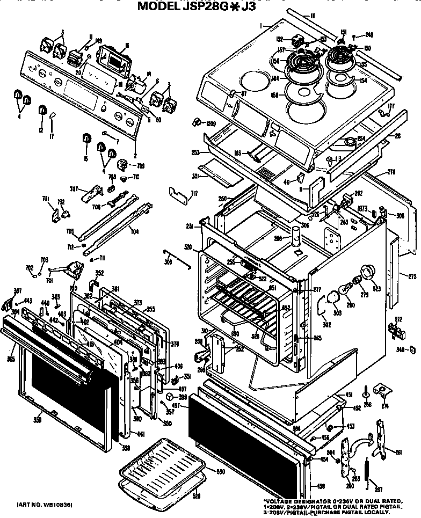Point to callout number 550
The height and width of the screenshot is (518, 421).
(220, 471)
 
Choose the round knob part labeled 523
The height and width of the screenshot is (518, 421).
(367, 272)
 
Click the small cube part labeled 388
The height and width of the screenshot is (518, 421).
(170, 397)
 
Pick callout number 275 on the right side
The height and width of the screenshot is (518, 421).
(411, 276)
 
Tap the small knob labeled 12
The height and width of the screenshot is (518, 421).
(42, 111)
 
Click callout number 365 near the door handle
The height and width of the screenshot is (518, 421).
(11, 358)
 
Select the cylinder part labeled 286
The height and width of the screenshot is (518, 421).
(294, 236)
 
